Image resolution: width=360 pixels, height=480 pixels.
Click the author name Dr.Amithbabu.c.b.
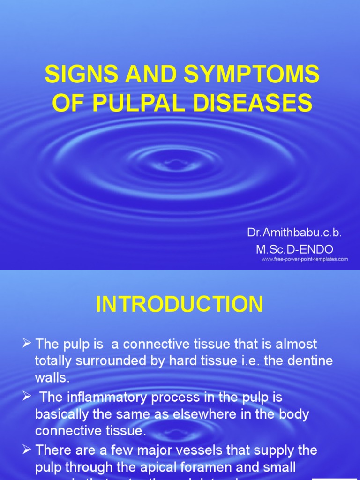pos(294,233)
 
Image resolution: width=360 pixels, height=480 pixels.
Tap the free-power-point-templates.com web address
pos(304,259)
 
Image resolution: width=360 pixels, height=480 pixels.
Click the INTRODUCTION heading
pos(180,305)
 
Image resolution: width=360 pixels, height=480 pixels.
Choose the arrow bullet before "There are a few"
pos(27,450)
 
